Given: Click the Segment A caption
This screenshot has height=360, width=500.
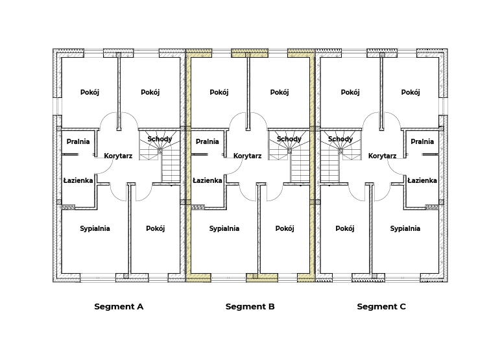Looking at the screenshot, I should tap(119, 307).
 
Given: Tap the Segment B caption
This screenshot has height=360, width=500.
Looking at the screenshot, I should tap(250, 307).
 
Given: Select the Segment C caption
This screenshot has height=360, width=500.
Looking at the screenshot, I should tap(381, 307).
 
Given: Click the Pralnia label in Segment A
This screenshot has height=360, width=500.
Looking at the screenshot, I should tap(78, 141).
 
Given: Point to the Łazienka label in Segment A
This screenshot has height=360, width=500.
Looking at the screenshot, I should tap(78, 180).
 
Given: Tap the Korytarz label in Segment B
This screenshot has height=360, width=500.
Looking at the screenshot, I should tap(247, 156).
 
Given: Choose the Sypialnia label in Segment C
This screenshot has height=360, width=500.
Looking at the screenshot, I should tap(405, 228).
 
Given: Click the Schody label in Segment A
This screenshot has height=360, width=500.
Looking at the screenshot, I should tap(160, 139).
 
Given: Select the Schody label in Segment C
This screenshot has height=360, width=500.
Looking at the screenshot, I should tap(340, 139).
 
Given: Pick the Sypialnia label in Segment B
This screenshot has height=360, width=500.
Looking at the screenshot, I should tap(224, 228).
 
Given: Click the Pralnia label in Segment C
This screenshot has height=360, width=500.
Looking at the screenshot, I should tap(422, 141).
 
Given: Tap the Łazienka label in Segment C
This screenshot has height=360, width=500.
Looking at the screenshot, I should tap(422, 180).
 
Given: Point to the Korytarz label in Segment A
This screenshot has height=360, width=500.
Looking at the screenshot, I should tap(118, 156).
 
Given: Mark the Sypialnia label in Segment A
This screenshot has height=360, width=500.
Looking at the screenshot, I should tap(95, 228).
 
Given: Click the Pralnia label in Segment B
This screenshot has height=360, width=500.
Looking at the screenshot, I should tap(207, 141).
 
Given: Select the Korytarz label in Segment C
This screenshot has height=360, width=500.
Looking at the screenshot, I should tap(382, 156).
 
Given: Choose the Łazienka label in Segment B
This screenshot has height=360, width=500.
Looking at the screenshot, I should tap(207, 180).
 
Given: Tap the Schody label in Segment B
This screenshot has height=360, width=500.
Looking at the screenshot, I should tap(289, 139).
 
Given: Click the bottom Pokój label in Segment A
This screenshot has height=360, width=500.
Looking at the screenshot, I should tap(155, 228).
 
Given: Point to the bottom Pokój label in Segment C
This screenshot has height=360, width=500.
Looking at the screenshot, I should tap(345, 228).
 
